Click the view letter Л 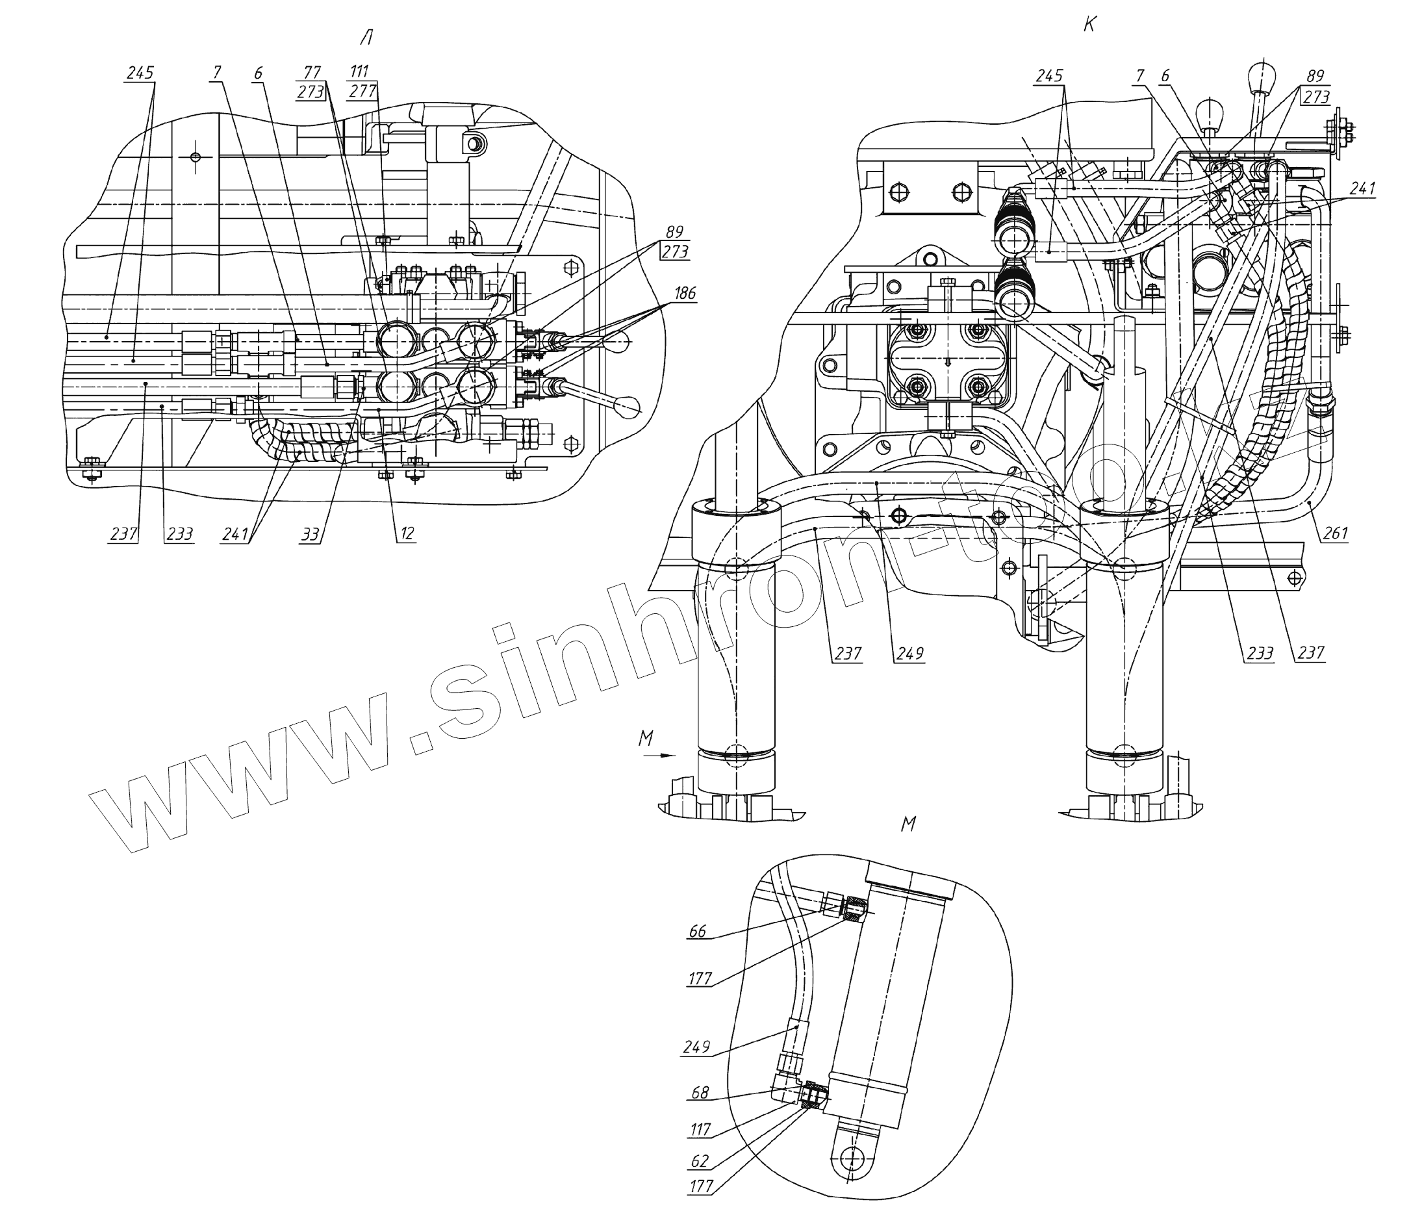(x=366, y=38)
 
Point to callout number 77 (x=312, y=72)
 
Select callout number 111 (x=359, y=71)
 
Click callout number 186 (x=683, y=293)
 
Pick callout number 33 (x=311, y=533)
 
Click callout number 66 (x=697, y=931)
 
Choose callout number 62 (x=700, y=1161)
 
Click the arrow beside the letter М (x=660, y=755)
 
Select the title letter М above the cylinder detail (x=908, y=824)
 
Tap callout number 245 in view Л (x=140, y=72)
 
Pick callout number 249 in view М (x=696, y=1047)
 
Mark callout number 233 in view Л (x=179, y=533)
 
